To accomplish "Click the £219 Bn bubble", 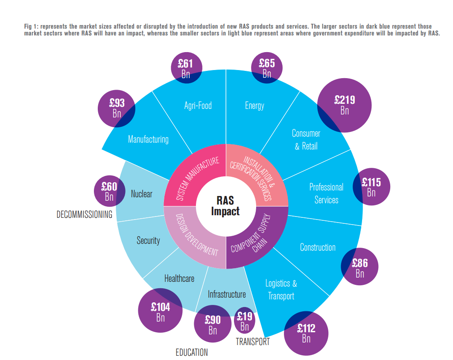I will point(345,105).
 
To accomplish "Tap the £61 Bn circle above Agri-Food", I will point(186,68).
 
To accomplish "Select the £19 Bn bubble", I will point(245,322).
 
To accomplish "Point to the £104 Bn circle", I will point(161,311).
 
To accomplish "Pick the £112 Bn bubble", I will point(306,333).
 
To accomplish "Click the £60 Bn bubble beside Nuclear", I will point(109,191).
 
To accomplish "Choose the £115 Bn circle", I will point(371,187).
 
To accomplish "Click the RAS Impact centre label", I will point(225,206).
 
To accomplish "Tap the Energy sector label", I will point(254,105).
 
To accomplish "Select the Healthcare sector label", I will point(179,278).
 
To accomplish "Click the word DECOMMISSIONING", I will point(85,214).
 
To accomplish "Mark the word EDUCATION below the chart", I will point(192,352).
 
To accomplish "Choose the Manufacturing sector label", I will point(148,139).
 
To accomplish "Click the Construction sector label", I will point(318,247).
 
